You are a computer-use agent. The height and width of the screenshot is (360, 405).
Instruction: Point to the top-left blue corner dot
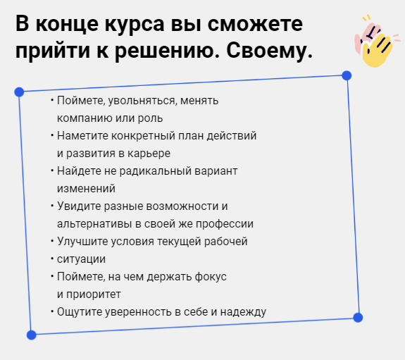19,92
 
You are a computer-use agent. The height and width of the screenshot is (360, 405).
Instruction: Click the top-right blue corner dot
347,75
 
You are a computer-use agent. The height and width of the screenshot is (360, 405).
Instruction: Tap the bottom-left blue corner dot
31,335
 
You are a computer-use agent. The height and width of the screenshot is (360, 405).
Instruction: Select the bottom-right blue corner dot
358,317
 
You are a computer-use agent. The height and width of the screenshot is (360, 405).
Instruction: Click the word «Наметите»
81,135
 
